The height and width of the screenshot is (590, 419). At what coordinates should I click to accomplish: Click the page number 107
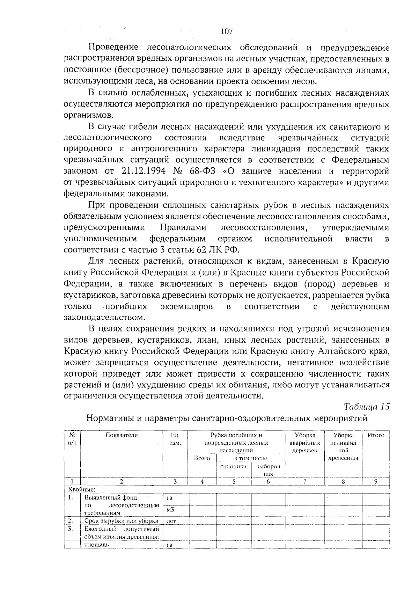(x=227, y=32)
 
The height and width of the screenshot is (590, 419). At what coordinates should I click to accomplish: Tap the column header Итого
(x=376, y=435)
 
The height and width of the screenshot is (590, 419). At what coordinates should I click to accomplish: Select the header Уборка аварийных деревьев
(x=304, y=443)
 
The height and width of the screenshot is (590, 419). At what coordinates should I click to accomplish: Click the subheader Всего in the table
(x=202, y=458)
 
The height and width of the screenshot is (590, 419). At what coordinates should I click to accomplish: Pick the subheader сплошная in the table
(x=234, y=466)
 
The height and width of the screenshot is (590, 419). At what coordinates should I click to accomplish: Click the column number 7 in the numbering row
(x=304, y=481)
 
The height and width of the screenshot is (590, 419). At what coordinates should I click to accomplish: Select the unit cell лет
(x=171, y=521)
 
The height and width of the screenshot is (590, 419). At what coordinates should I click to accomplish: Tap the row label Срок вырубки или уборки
(x=122, y=521)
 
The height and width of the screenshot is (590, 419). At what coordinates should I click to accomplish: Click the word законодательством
(x=104, y=318)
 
